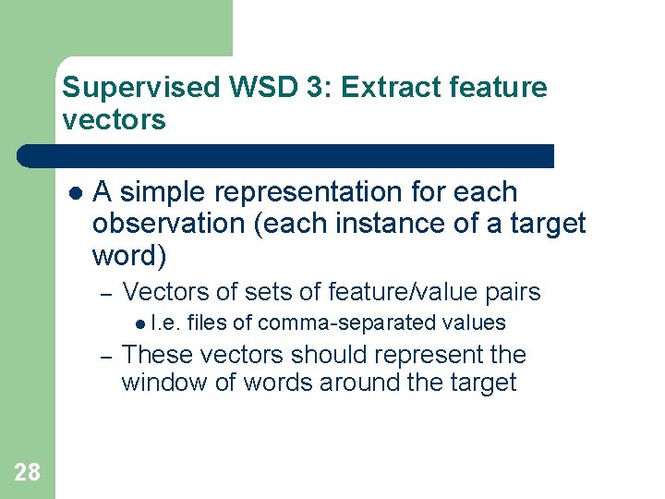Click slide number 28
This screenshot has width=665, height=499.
tap(28, 473)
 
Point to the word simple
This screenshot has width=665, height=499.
tap(163, 192)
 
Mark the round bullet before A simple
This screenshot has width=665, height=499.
tap(76, 193)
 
